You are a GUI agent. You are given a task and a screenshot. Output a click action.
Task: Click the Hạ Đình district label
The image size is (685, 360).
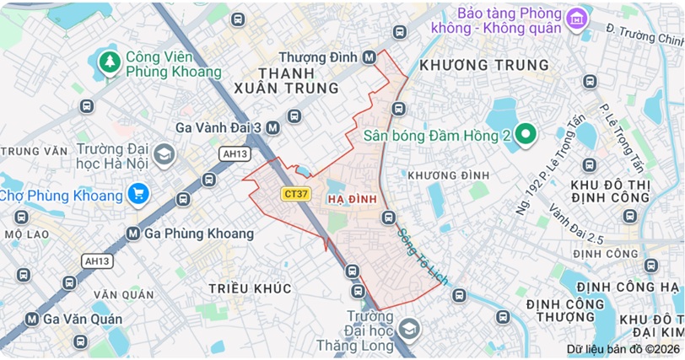click(346, 198)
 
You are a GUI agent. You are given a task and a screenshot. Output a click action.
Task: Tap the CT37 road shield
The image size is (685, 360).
click(295, 194)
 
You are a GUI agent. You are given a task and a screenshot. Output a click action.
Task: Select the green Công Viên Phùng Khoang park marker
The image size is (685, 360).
click(109, 62)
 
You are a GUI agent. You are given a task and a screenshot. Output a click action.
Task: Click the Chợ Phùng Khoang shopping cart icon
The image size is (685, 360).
click(138, 196)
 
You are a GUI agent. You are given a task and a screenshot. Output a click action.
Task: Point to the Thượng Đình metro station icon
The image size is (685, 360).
click(369, 57)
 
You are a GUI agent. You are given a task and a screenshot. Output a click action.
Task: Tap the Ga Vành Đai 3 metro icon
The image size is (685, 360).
click(272, 127)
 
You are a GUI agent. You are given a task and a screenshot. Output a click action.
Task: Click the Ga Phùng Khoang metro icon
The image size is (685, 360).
click(132, 233)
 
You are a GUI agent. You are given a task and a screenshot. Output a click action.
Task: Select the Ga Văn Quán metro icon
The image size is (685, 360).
click(32, 319)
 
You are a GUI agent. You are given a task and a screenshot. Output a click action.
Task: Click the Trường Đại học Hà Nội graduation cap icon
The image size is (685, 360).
click(164, 153)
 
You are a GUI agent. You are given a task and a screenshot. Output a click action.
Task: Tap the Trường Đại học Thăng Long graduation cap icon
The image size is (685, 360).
click(410, 327)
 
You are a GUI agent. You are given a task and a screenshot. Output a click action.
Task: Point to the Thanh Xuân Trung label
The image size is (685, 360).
click(298, 80)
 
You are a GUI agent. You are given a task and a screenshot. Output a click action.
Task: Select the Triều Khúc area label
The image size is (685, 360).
click(251, 288)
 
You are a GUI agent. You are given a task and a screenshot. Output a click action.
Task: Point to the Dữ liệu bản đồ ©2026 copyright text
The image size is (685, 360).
click(623, 348)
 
